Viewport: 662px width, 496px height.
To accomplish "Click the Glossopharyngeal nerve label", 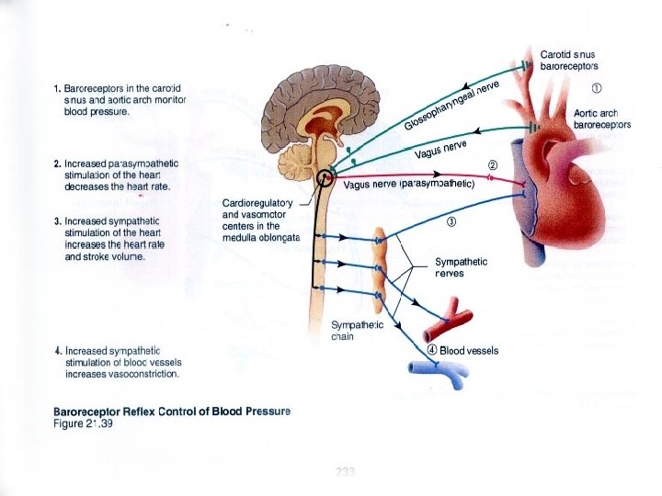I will pos(451,107).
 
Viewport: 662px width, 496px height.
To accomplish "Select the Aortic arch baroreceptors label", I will pos(601,118).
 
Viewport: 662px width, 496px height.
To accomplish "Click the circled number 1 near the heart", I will pos(597,89).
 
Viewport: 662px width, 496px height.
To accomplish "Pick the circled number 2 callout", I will pos(492,164).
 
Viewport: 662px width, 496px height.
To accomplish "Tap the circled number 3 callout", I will pos(451,221).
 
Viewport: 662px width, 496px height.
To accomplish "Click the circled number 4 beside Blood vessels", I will pos(432,350).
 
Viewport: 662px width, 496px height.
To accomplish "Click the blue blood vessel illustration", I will pos(438,369).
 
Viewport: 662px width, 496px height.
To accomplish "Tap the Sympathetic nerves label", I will pos(461,267).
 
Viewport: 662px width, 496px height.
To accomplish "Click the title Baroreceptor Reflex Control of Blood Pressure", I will pos(172,411).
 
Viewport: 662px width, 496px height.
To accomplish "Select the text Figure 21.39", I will pos(83,423).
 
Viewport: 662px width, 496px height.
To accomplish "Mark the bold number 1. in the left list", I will pos(58,89).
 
